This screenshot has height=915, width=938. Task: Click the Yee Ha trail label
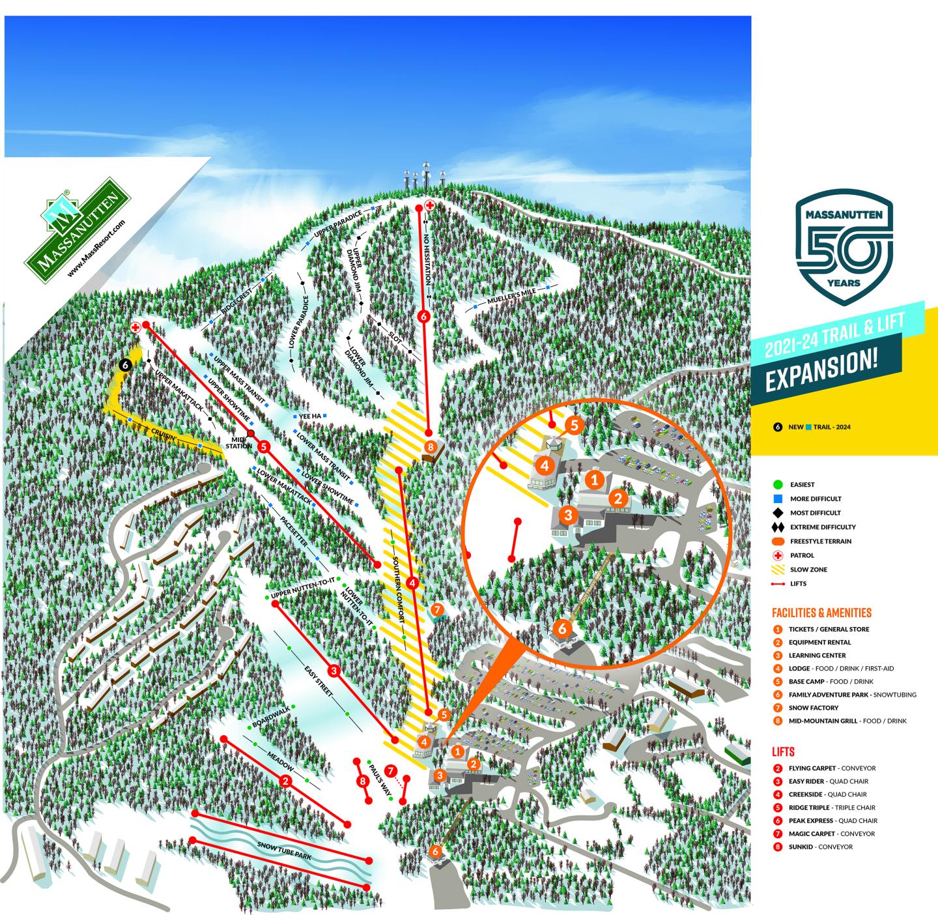click(311, 416)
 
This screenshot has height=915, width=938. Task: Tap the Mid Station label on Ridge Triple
click(238, 442)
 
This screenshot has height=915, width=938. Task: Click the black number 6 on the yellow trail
click(125, 366)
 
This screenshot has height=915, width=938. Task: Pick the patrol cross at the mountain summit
click(430, 205)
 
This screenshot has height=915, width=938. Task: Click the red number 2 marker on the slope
click(285, 781)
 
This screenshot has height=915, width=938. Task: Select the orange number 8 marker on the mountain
click(430, 447)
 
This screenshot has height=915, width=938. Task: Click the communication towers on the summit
click(423, 180)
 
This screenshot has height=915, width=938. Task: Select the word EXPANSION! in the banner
click(820, 371)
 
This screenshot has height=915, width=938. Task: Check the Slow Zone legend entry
click(808, 570)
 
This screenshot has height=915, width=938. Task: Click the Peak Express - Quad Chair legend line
click(832, 821)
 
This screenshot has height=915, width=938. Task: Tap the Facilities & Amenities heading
click(821, 613)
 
